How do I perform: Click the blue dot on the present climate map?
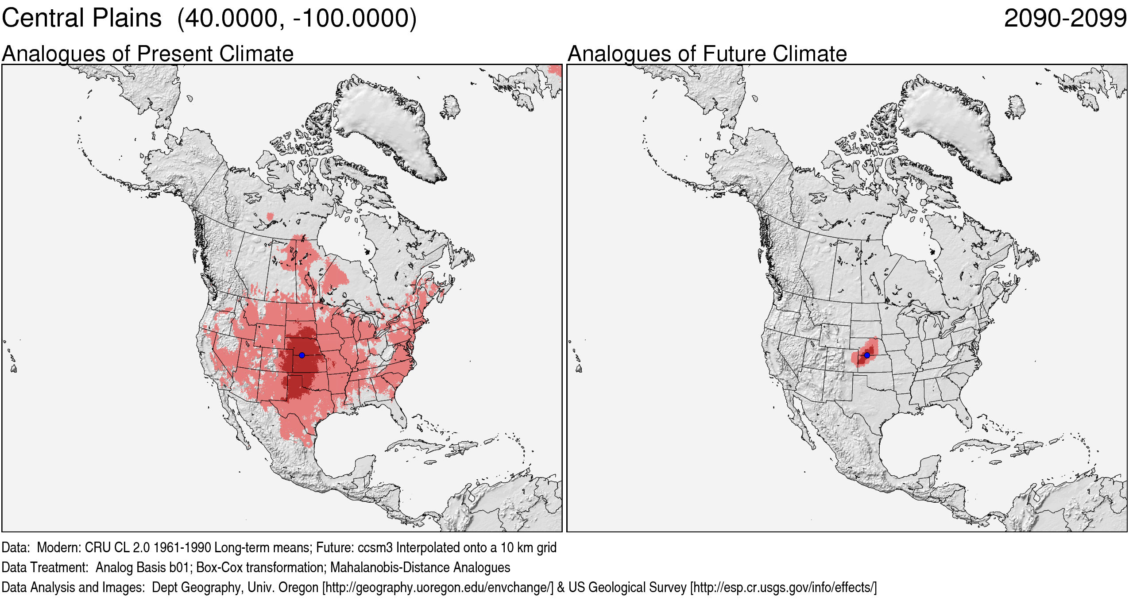coord(302,355)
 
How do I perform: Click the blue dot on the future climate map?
coord(867,355)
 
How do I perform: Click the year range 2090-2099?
coord(1065,19)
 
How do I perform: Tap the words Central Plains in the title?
coord(82,19)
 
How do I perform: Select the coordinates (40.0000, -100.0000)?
coord(297,19)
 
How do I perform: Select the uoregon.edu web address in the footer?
coord(438,587)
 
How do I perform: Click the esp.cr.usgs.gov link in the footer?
coord(783,587)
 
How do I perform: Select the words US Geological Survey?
coord(627,587)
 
